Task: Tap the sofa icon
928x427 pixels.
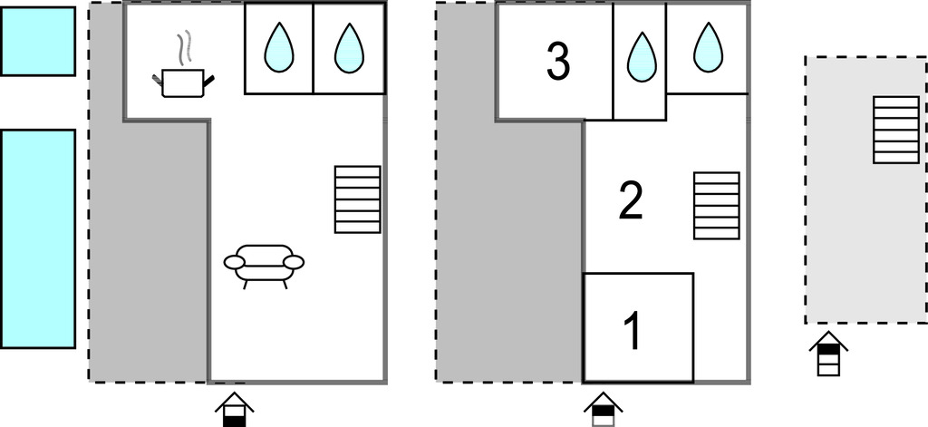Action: (264, 265)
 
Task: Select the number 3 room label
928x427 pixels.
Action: (558, 62)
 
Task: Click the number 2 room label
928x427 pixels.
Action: (630, 201)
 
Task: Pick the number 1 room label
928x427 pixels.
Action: (634, 331)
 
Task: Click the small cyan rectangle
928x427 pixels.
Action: (37, 41)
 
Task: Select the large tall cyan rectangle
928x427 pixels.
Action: (37, 238)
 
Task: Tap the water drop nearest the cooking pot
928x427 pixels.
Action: (278, 48)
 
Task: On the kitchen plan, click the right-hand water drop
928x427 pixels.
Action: (348, 48)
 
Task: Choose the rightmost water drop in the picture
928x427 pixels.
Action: (708, 48)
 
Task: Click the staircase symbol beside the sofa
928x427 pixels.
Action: (357, 199)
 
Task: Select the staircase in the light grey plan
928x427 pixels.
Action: (895, 130)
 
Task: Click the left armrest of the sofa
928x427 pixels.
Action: (234, 263)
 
